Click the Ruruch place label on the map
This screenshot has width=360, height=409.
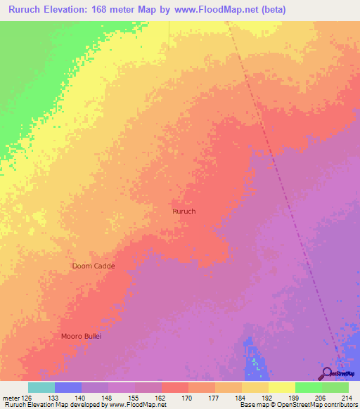[x=184, y=211]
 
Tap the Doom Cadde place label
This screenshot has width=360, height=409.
[x=94, y=266]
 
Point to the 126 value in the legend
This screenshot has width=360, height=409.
[x=28, y=398]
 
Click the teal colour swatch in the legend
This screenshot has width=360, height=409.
[x=41, y=387]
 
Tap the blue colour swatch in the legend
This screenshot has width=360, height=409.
[x=68, y=387]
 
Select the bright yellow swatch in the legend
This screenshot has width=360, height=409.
[x=281, y=387]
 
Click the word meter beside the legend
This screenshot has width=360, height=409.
[x=11, y=398]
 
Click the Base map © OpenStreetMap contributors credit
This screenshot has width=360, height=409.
[x=297, y=405]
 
